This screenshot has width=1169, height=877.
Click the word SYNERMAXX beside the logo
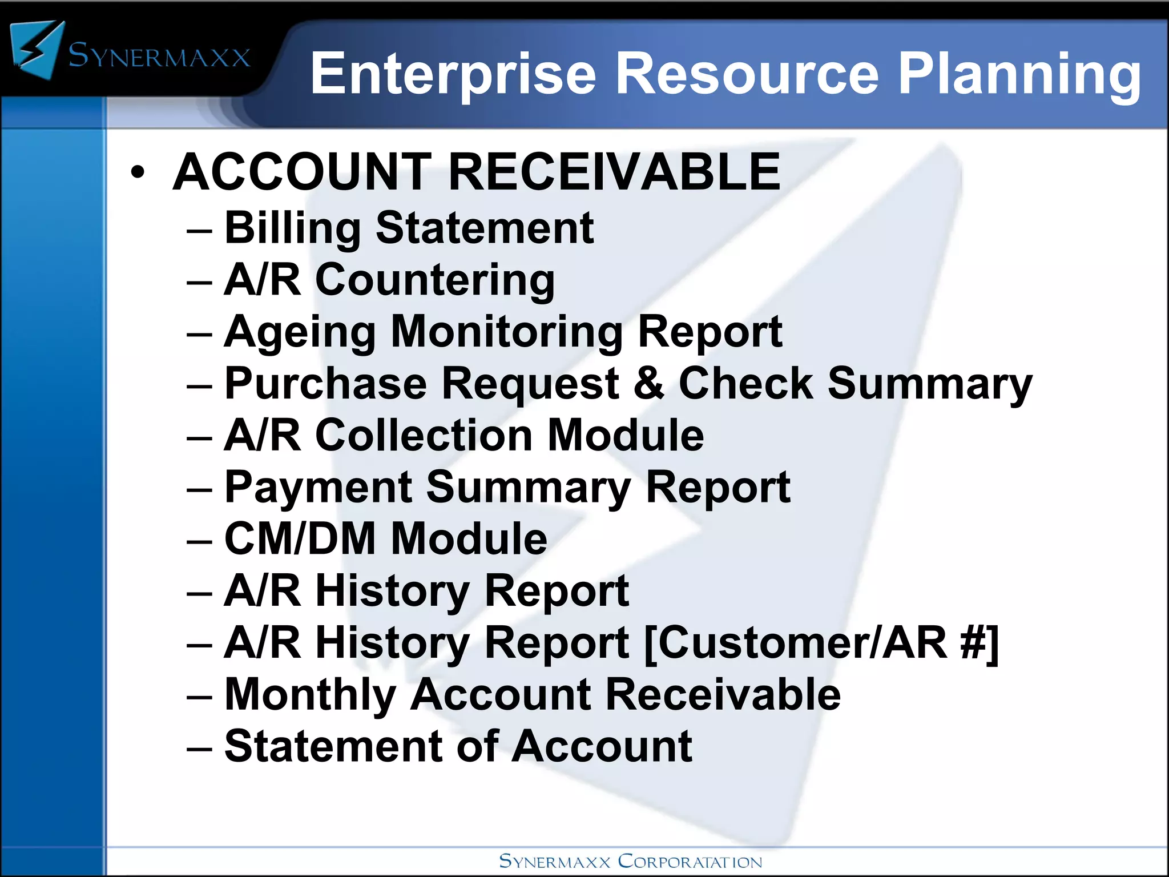[159, 56]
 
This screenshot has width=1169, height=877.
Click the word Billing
[292, 228]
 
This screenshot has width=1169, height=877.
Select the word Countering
[434, 280]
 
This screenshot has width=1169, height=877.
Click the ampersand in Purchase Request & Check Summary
[648, 383]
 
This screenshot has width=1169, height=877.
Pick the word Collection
[423, 435]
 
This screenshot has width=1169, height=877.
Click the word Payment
[318, 488]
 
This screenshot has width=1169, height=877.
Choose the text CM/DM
[300, 538]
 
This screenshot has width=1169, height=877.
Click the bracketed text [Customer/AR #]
[821, 643]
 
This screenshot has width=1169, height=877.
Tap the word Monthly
[310, 695]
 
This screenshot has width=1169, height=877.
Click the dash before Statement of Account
[199, 747]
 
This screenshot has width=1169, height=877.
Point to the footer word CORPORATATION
[690, 861]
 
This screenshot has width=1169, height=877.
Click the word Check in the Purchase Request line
[745, 383]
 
